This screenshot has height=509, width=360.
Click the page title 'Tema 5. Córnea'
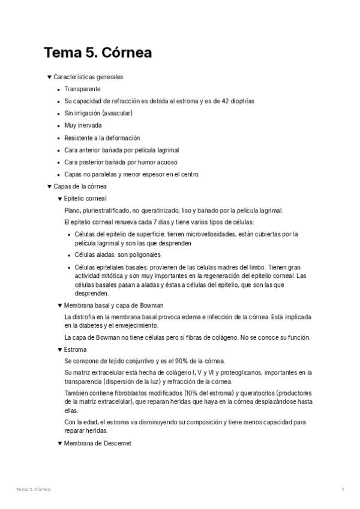tap(97, 53)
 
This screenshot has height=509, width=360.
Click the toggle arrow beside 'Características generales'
tap(49, 77)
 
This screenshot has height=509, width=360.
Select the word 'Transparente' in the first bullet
tap(82, 89)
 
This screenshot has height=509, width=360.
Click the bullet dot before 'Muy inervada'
tap(58, 126)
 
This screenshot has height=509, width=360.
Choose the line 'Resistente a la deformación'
tap(102, 138)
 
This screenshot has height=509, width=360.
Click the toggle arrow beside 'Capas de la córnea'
tap(49, 187)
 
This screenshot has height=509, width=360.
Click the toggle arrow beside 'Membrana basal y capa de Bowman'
tap(59, 306)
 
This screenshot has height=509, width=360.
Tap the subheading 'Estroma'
tap(75, 349)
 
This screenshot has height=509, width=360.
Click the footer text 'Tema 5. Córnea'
tap(34, 490)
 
